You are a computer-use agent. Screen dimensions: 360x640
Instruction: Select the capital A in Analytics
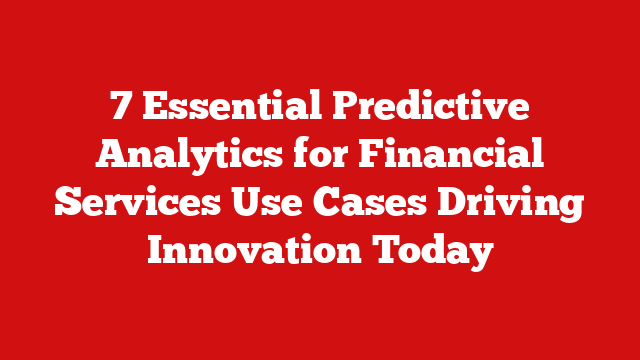(x=112, y=155)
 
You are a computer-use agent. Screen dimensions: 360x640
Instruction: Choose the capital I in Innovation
(x=157, y=250)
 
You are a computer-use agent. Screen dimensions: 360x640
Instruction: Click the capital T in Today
(x=388, y=250)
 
